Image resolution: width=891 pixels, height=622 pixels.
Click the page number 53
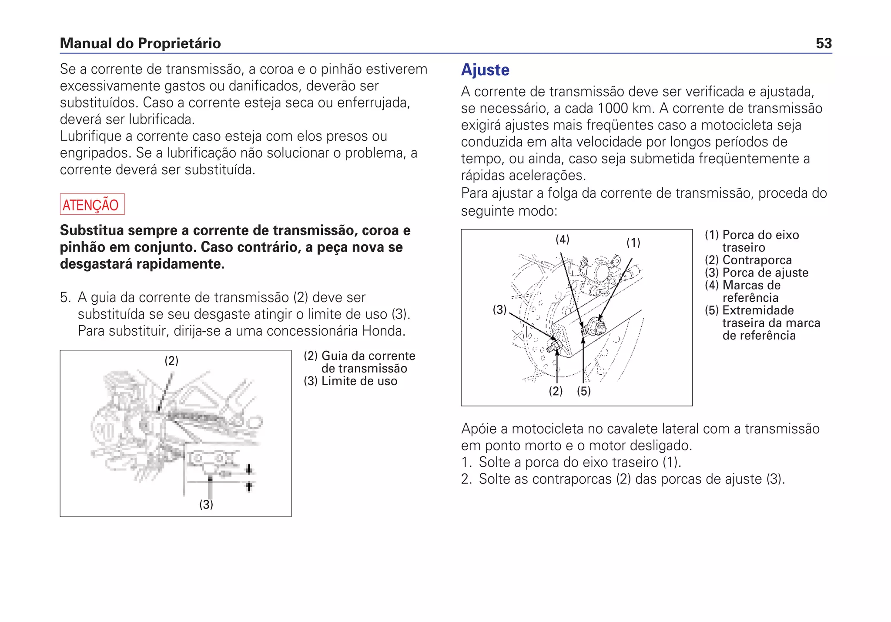[824, 43]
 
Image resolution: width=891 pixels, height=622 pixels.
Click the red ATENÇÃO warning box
[92, 204]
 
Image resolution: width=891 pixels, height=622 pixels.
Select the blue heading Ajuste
[485, 70]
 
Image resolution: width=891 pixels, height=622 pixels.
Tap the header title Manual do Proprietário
[140, 43]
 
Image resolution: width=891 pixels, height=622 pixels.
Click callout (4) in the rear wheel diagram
[562, 239]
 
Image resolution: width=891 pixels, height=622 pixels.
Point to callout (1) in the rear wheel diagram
[633, 243]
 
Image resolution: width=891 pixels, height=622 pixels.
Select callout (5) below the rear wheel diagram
[584, 391]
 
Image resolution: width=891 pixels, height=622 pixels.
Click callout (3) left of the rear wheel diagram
[499, 309]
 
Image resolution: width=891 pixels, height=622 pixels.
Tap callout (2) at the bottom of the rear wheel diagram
[556, 391]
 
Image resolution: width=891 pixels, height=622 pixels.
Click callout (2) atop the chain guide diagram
[171, 361]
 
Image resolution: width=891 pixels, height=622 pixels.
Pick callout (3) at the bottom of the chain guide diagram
[206, 505]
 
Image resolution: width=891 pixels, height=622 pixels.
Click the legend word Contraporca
[757, 260]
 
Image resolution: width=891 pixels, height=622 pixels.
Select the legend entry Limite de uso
[359, 381]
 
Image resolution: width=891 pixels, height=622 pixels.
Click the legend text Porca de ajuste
[765, 273]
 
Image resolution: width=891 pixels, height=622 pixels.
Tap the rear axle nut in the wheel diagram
[596, 326]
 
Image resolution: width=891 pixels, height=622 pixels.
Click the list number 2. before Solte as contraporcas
[466, 479]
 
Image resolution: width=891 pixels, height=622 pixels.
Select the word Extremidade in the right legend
[758, 310]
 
